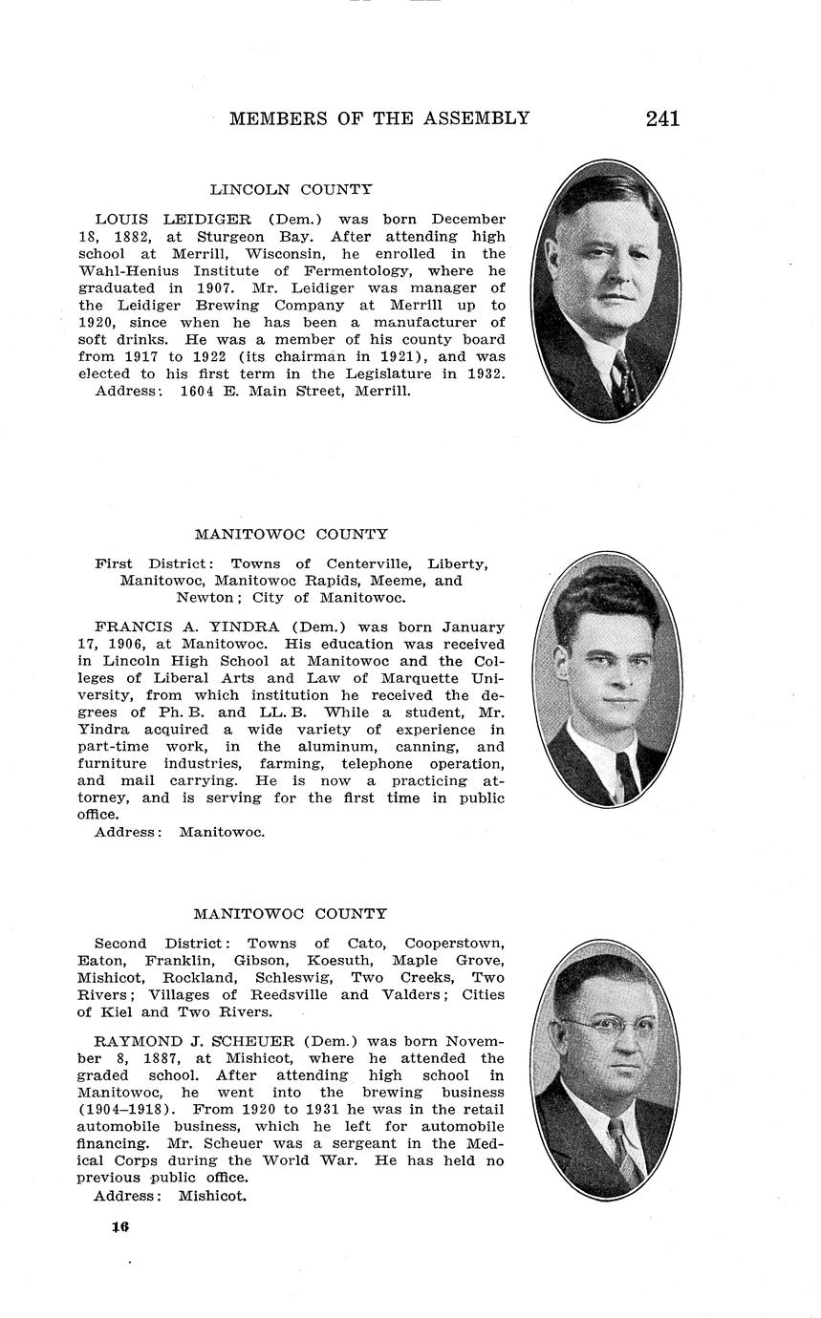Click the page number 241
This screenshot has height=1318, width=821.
[x=662, y=118]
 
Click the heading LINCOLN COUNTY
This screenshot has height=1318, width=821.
[x=291, y=190]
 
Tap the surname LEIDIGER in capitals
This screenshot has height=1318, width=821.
[x=207, y=220]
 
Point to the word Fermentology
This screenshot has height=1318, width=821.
[x=359, y=271]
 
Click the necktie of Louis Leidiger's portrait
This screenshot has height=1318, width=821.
[x=623, y=380]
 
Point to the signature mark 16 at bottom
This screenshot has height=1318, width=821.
[x=119, y=1227]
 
